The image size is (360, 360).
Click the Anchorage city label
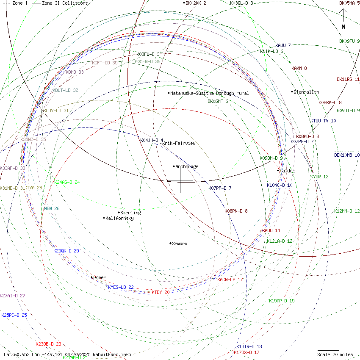click(x=187, y=166)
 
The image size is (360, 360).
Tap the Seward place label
click(x=180, y=244)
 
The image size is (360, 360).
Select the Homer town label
click(x=100, y=278)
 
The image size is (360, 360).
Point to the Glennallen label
click(x=306, y=92)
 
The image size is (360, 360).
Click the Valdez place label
click(x=288, y=171)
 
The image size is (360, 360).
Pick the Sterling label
click(x=130, y=213)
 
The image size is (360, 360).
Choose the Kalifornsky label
click(x=119, y=218)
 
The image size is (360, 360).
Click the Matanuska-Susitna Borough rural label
click(x=209, y=93)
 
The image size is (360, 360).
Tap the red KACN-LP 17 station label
click(x=230, y=280)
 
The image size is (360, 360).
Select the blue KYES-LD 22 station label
click(x=121, y=287)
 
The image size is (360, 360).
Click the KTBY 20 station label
click(x=161, y=292)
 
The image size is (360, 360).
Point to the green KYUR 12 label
click(x=319, y=177)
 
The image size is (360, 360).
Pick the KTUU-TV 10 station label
click(x=323, y=121)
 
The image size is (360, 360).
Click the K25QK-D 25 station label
click(x=66, y=251)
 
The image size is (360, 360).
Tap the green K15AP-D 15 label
click(x=282, y=301)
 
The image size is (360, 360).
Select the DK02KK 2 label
click(x=196, y=3)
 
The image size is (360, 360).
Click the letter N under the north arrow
click(x=343, y=27)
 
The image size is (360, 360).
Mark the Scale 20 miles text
click(x=335, y=354)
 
